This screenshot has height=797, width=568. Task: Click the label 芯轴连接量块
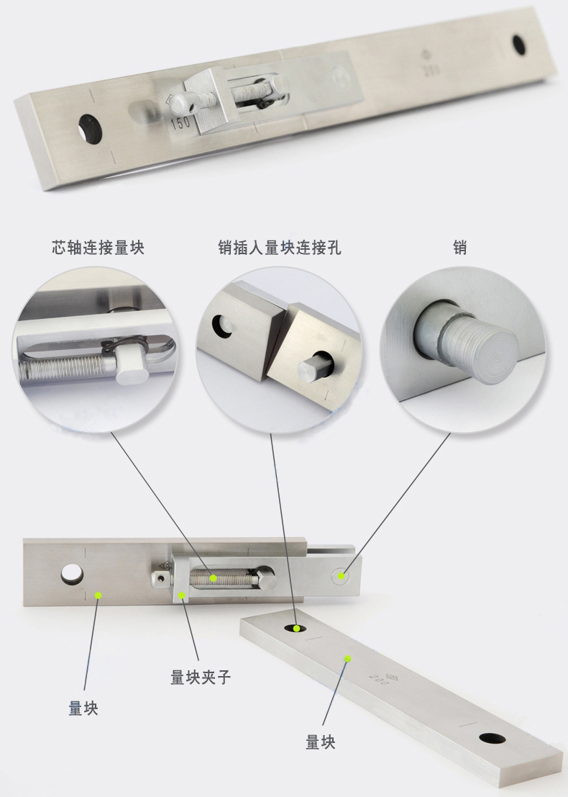[98, 248]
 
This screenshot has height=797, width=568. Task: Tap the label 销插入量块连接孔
[279, 248]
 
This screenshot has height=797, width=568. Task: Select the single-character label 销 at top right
[460, 248]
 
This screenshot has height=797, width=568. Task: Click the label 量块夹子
[201, 677]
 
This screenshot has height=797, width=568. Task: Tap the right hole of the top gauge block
[519, 45]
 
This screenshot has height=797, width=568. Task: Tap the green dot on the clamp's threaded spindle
[214, 578]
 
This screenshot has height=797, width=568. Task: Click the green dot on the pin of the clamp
[342, 576]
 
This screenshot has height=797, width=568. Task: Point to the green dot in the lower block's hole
[297, 629]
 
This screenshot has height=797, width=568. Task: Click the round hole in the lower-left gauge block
[73, 574]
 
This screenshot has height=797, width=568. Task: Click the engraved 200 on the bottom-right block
[379, 679]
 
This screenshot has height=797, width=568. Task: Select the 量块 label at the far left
[83, 708]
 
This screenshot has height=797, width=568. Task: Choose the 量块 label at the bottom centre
[320, 742]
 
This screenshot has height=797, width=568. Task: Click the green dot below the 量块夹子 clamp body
[181, 595]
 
